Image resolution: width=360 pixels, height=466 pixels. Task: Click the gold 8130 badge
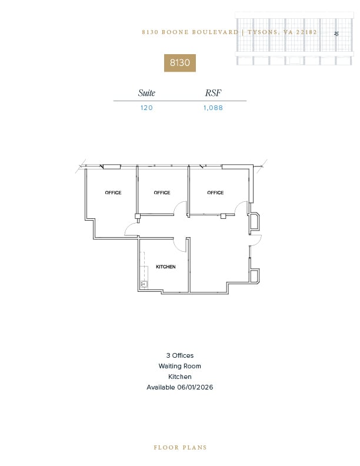pyautogui.click(x=179, y=62)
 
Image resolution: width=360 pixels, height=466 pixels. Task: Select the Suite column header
pyautogui.click(x=146, y=93)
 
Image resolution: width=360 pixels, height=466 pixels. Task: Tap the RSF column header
pyautogui.click(x=213, y=93)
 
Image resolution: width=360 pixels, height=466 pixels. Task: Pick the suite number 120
pyautogui.click(x=146, y=108)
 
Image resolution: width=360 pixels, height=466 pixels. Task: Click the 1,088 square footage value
pyautogui.click(x=214, y=108)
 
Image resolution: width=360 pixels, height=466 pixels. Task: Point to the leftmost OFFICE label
pyautogui.click(x=113, y=192)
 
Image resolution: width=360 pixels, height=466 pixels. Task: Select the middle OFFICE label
pyautogui.click(x=162, y=192)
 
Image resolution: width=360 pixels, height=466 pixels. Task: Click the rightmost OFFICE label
pyautogui.click(x=215, y=192)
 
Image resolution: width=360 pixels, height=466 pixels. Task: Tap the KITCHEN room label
pyautogui.click(x=166, y=267)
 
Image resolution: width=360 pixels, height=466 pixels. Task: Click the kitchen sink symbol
pyautogui.click(x=144, y=284)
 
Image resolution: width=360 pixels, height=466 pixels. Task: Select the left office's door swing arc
pyautogui.click(x=132, y=230)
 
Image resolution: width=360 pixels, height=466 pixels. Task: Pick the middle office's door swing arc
pyautogui.click(x=181, y=208)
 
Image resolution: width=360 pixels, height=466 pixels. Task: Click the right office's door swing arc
pyautogui.click(x=241, y=208)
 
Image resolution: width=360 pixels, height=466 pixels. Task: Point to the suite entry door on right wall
pyautogui.click(x=256, y=240)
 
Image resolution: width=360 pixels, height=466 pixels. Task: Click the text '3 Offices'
pyautogui.click(x=179, y=355)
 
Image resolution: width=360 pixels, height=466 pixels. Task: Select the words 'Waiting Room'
pyautogui.click(x=179, y=366)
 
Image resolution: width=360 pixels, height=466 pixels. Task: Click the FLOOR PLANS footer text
pyautogui.click(x=180, y=447)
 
